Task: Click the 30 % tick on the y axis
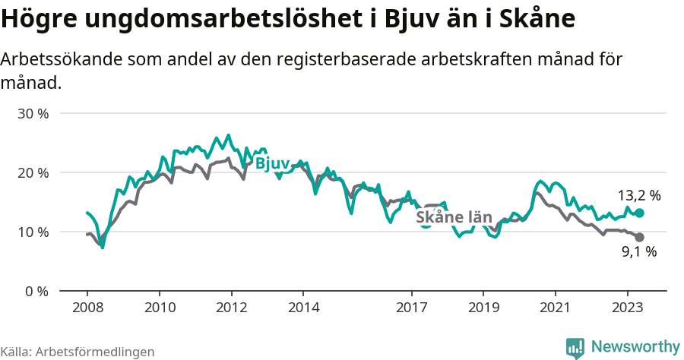[33, 114]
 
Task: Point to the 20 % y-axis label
[33, 173]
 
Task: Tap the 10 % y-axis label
[33, 232]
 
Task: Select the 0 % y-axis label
[37, 292]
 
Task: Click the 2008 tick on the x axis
[87, 309]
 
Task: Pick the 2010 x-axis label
[159, 309]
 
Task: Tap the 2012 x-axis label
[231, 309]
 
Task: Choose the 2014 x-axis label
[303, 309]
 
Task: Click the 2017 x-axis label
[411, 309]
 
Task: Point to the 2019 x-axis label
[483, 309]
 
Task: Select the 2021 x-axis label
[555, 309]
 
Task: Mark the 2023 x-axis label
[627, 309]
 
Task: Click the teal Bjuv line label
[271, 163]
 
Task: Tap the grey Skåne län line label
[454, 218]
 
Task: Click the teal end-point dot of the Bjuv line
[639, 213]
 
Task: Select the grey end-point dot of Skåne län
[639, 238]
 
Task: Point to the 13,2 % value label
[638, 196]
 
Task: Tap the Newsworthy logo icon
[575, 348]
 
